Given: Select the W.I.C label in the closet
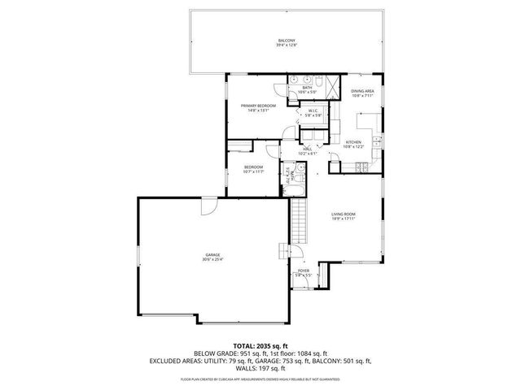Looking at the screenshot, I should coord(313,111).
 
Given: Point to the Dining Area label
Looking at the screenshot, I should coord(362,91).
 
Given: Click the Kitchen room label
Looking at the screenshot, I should coord(352,141).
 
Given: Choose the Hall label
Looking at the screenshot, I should coord(309,149).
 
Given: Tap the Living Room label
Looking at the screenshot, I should coord(343,214).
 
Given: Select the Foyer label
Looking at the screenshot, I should coord(303,271).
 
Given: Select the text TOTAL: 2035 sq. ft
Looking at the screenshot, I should coord(260,345).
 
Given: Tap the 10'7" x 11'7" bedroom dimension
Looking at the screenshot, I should coord(254,171).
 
